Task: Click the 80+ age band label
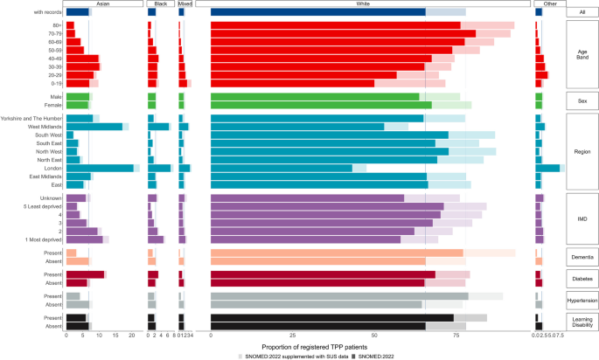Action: coord(54,25)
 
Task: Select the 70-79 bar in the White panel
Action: coord(343,33)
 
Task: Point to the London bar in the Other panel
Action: coord(547,167)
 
